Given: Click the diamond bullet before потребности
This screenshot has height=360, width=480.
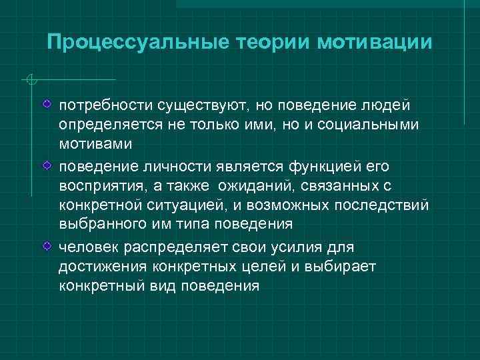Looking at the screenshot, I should pos(46,105).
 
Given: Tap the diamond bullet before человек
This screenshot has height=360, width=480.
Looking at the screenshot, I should pos(46,247).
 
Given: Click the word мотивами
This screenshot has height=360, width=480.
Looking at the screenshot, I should pos(95,144).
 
